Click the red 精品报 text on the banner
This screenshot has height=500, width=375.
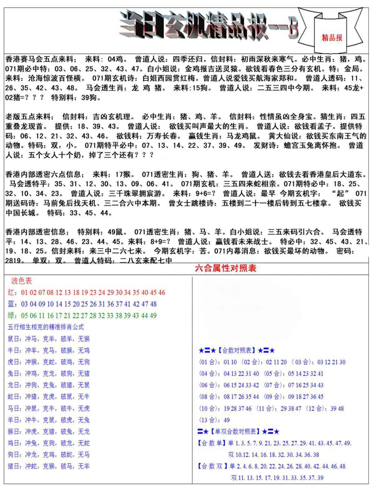click(x=332, y=38)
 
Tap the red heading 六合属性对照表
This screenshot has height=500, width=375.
click(x=225, y=268)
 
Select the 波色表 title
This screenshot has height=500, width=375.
click(x=22, y=281)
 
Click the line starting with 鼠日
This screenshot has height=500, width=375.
click(x=48, y=339)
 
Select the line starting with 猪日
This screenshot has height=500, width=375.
click(x=48, y=466)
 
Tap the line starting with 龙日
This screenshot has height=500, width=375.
click(x=48, y=385)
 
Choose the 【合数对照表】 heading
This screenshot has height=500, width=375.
click(x=237, y=351)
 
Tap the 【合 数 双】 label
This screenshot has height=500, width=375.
click(x=212, y=466)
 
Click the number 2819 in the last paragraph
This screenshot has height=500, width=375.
click(x=14, y=260)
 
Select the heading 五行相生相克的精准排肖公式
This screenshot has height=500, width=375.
click(x=46, y=327)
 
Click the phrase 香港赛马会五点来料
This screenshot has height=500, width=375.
click(x=39, y=59)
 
